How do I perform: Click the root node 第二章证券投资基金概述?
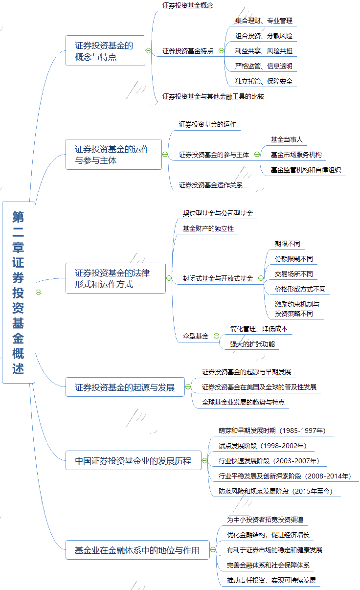(x=19, y=292)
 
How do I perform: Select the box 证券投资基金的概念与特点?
(x=105, y=50)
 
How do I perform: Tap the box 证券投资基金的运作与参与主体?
(x=113, y=154)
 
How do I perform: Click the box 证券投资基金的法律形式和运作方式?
(x=115, y=278)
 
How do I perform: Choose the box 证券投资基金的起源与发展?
(x=125, y=387)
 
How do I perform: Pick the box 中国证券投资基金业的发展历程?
(x=133, y=460)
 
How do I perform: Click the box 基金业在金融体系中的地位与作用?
(x=137, y=550)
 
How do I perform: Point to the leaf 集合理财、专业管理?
(x=264, y=21)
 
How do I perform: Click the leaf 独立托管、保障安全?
(x=264, y=81)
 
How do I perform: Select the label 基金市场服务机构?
(x=296, y=155)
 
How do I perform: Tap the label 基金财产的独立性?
(x=208, y=228)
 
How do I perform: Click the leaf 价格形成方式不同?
(x=300, y=289)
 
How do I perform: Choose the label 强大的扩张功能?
(x=252, y=344)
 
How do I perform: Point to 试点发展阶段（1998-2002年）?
(x=262, y=446)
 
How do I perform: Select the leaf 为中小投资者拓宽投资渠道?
(x=268, y=519)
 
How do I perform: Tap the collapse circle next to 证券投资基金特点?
(x=221, y=50)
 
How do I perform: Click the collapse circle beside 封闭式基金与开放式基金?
(x=261, y=278)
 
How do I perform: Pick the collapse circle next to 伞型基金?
(x=216, y=336)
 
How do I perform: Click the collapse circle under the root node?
(x=38, y=292)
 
